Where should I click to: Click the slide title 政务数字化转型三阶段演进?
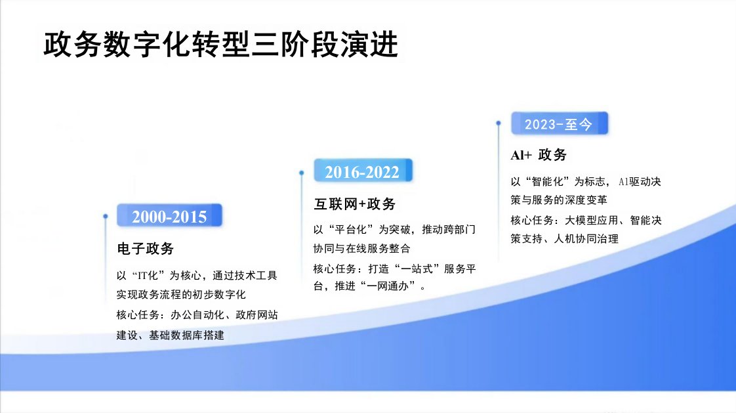221,45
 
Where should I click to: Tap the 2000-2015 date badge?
169,215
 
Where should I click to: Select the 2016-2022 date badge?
363,171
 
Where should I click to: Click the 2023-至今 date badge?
560,123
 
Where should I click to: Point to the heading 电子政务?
146,249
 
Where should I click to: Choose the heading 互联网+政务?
355,204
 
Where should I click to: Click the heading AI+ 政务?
539,154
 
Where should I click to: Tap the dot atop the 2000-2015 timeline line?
105,217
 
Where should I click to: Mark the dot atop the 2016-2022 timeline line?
301,173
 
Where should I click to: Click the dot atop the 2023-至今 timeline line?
499,123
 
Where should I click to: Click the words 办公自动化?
197,315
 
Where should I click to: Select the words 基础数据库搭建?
187,335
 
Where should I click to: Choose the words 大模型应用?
592,220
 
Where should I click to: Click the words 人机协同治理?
586,239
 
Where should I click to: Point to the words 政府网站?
256,315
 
